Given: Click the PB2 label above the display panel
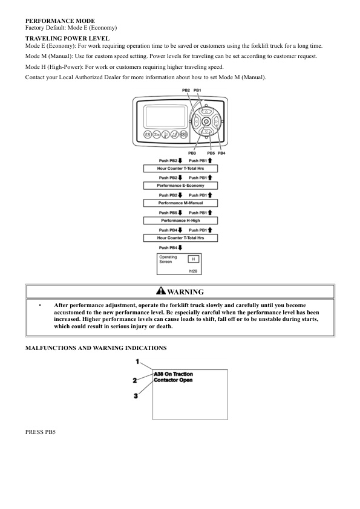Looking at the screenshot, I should [186, 90].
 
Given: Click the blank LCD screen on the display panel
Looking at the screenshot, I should [161, 115].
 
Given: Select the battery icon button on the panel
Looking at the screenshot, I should [147, 135].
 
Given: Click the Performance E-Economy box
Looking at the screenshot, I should [180, 185].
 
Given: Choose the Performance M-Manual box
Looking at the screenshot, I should [180, 203].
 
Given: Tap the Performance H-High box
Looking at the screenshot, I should [180, 221].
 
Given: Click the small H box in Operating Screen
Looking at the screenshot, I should [192, 259].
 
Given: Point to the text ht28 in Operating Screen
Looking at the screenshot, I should [194, 271].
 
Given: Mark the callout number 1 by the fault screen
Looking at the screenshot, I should [137, 361].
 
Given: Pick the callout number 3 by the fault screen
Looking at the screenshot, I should [136, 396].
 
